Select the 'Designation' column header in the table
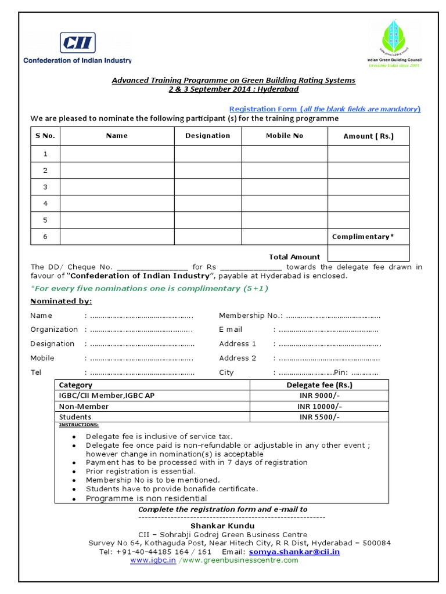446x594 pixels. [x=207, y=136]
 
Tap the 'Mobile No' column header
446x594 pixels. [x=285, y=136]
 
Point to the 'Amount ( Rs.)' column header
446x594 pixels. [x=368, y=136]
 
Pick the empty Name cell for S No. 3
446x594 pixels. [x=117, y=187]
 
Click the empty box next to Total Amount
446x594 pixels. [x=368, y=253]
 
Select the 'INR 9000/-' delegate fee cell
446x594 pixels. [x=319, y=396]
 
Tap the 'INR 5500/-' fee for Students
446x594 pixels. [x=319, y=417]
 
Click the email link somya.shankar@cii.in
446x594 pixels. [x=294, y=552]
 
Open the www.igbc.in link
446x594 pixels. [x=153, y=560]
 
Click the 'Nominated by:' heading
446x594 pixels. [x=61, y=301]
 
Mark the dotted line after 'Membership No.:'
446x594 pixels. [x=333, y=316]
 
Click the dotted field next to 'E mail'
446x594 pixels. [x=328, y=329]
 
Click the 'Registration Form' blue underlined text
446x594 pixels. [x=264, y=109]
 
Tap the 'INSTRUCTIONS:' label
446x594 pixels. [x=79, y=425]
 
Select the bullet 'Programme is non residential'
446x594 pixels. [x=146, y=498]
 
